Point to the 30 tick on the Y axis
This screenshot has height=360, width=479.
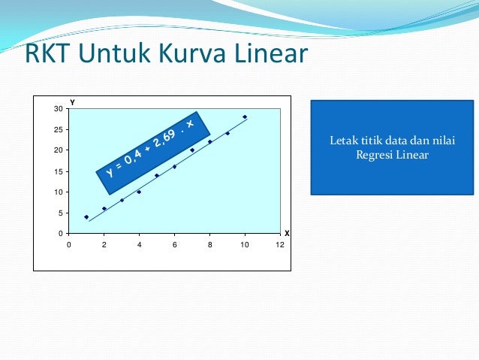pyautogui.click(x=59, y=109)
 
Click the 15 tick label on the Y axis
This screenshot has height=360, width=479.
pyautogui.click(x=59, y=171)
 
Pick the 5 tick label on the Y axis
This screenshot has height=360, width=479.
pyautogui.click(x=61, y=213)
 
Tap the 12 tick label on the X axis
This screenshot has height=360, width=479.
pyautogui.click(x=279, y=244)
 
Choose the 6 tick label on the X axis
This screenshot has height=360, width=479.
pyautogui.click(x=174, y=244)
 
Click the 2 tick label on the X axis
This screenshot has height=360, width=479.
pyautogui.click(x=104, y=244)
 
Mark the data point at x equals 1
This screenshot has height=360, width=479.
pyautogui.click(x=86, y=217)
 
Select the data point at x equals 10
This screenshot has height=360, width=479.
pyautogui.click(x=245, y=116)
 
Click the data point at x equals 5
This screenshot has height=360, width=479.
pyautogui.click(x=157, y=175)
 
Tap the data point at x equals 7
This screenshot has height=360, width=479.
pyautogui.click(x=192, y=150)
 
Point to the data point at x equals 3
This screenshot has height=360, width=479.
pyautogui.click(x=122, y=200)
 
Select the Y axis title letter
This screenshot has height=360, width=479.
pyautogui.click(x=72, y=101)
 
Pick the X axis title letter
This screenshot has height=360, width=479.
pyautogui.click(x=287, y=234)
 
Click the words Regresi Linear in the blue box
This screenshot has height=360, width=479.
pyautogui.click(x=392, y=156)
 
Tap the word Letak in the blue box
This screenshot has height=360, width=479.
pyautogui.click(x=342, y=141)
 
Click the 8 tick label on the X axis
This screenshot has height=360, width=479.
pyautogui.click(x=209, y=244)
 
